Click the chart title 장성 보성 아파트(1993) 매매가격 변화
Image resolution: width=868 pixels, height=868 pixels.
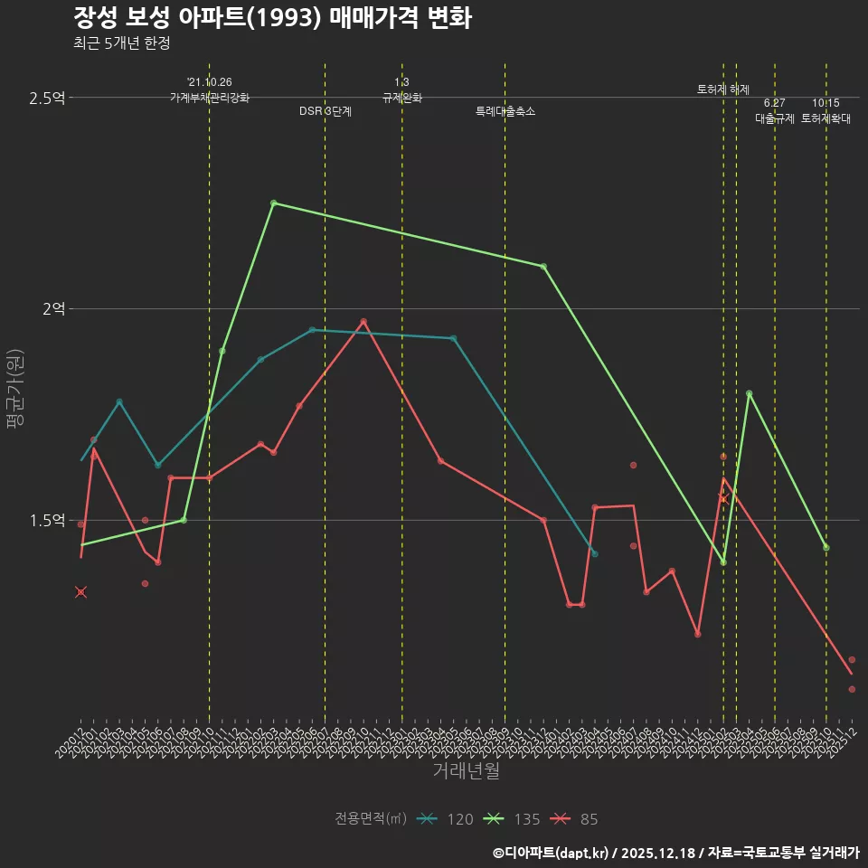click(271, 18)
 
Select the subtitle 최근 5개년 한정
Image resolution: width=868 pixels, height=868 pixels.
click(121, 42)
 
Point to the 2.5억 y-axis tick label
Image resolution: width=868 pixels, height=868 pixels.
click(47, 98)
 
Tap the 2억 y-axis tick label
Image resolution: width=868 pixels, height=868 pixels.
click(53, 309)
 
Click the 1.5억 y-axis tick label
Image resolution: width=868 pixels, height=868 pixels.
click(47, 521)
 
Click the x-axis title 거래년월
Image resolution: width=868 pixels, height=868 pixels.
click(466, 771)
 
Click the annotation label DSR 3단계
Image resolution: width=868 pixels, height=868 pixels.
click(325, 111)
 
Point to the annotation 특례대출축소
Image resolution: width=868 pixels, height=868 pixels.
click(505, 111)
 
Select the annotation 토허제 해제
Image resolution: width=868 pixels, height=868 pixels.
click(723, 90)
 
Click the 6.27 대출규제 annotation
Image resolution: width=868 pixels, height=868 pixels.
click(775, 111)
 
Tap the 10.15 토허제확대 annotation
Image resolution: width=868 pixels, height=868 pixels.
click(826, 111)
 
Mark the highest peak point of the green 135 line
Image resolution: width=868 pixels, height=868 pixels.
click(274, 203)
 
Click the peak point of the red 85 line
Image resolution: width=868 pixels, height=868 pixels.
click(363, 321)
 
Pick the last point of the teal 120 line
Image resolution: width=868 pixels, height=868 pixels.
click(595, 553)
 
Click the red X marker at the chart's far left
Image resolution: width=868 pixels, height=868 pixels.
click(80, 592)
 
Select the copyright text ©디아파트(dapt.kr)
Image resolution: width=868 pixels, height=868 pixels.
click(552, 853)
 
